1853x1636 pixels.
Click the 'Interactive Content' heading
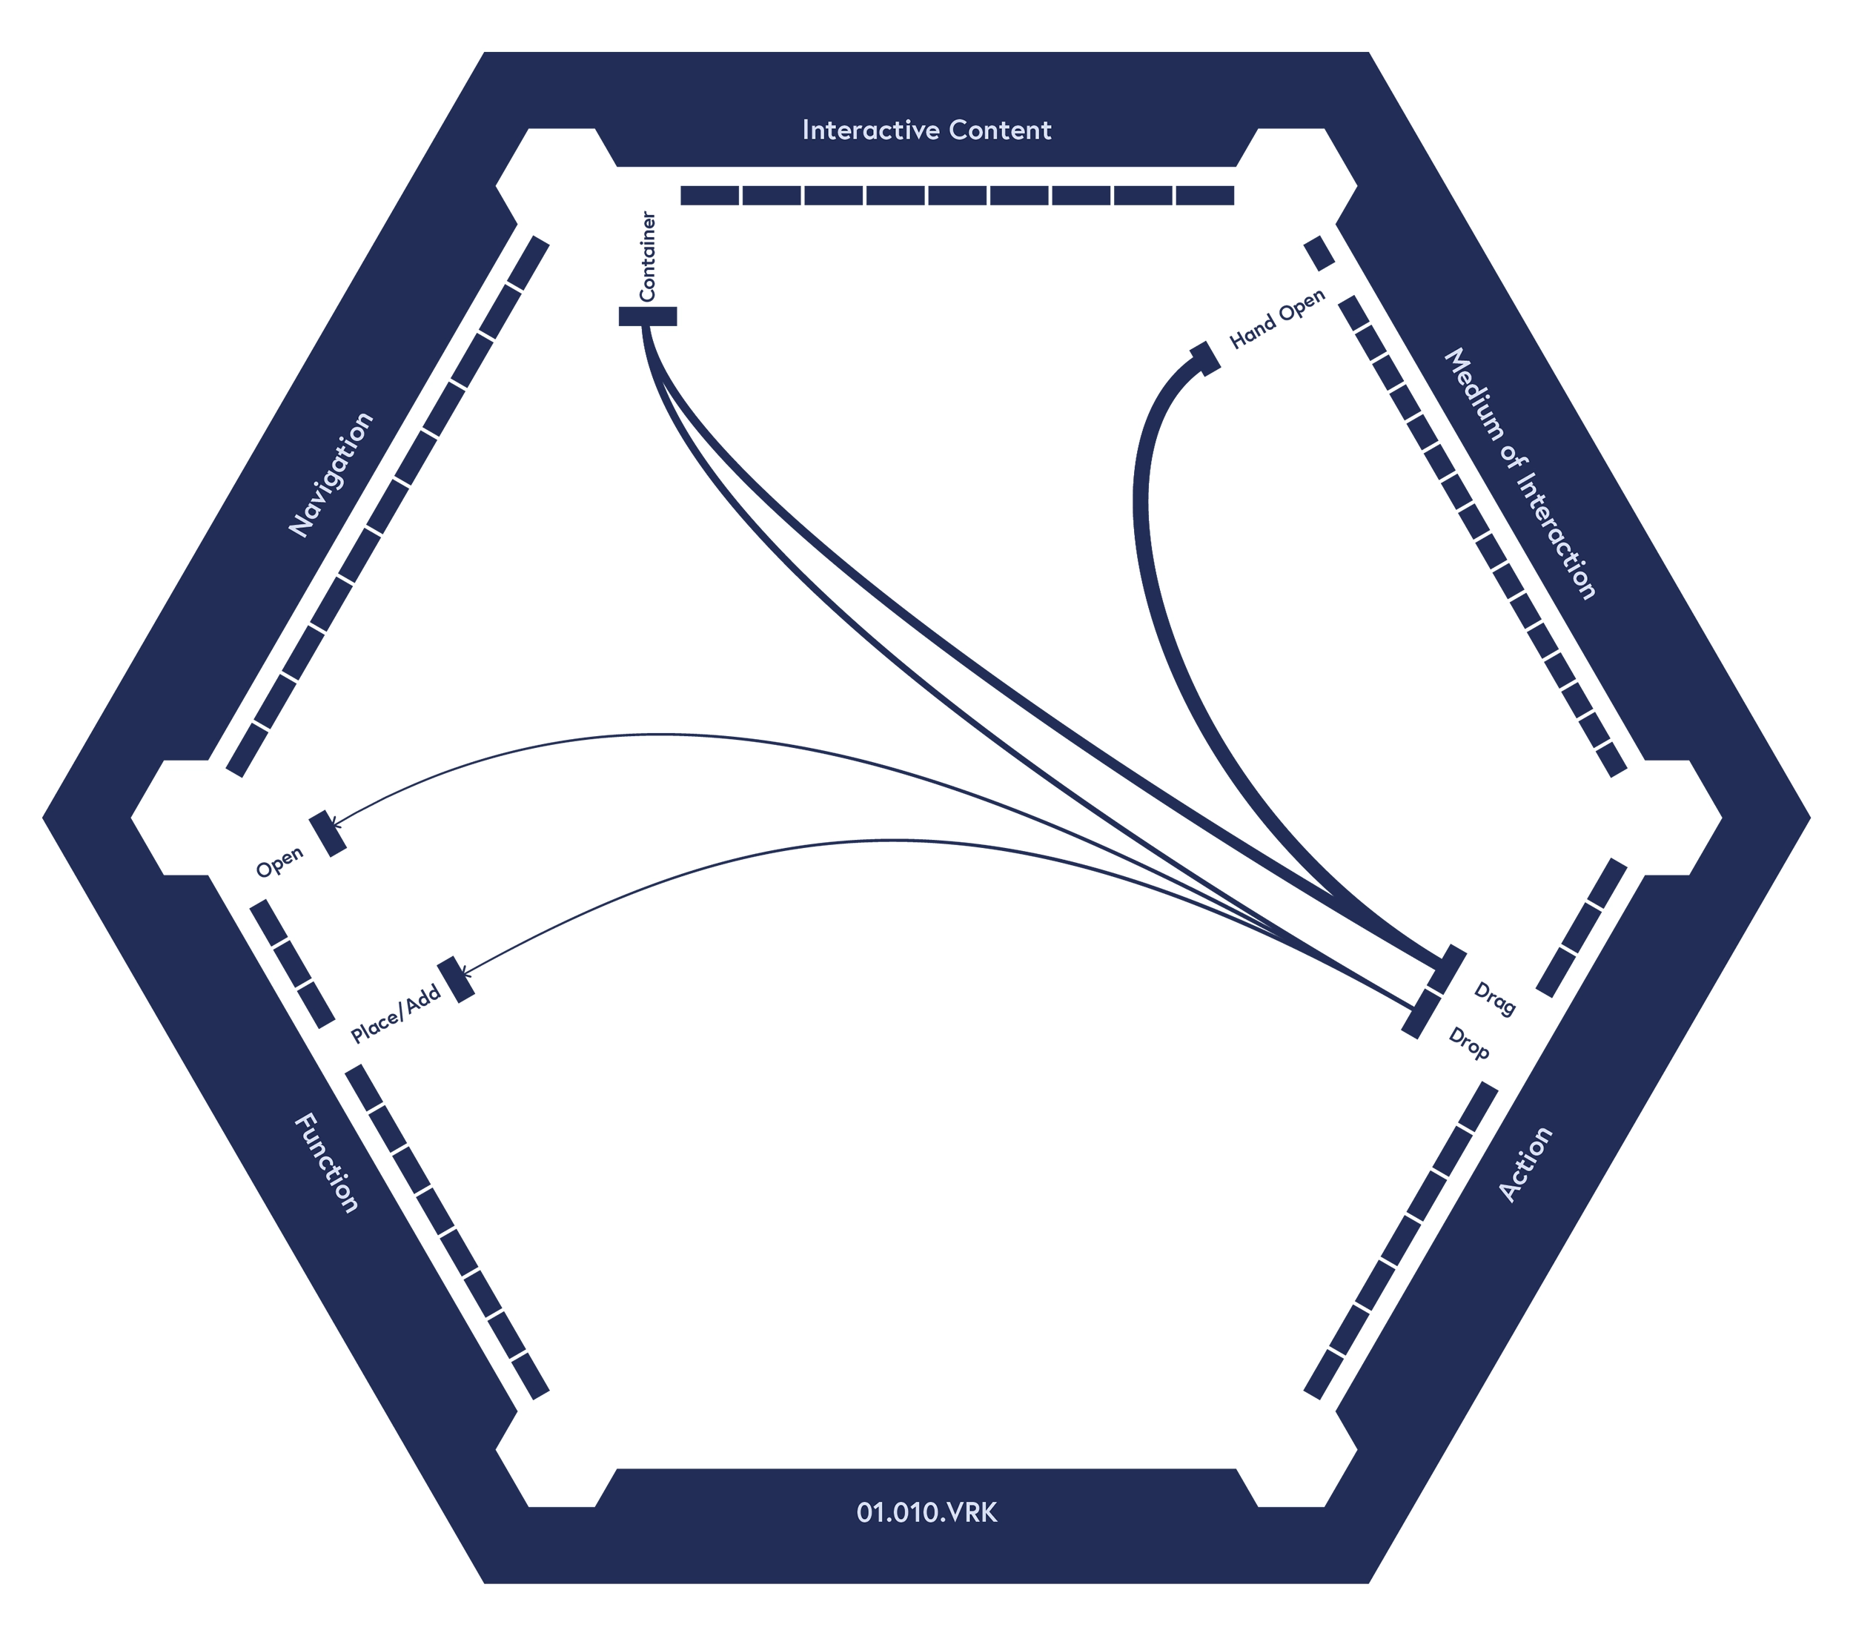[x=926, y=130]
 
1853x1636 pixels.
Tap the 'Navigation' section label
[x=331, y=475]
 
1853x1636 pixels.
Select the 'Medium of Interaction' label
[x=1519, y=474]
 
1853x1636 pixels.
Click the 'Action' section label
[x=1525, y=1165]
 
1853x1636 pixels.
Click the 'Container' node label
[x=647, y=256]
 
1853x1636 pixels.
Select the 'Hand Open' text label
[x=1277, y=319]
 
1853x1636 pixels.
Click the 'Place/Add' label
[x=396, y=1015]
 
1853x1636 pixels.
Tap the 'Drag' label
[x=1495, y=999]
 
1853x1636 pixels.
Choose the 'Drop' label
[x=1468, y=1044]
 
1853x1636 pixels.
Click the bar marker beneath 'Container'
[x=647, y=317]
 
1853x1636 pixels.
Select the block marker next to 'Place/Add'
[x=456, y=979]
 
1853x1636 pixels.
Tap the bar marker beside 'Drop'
[x=1422, y=1014]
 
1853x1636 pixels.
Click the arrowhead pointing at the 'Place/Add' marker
[x=466, y=974]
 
